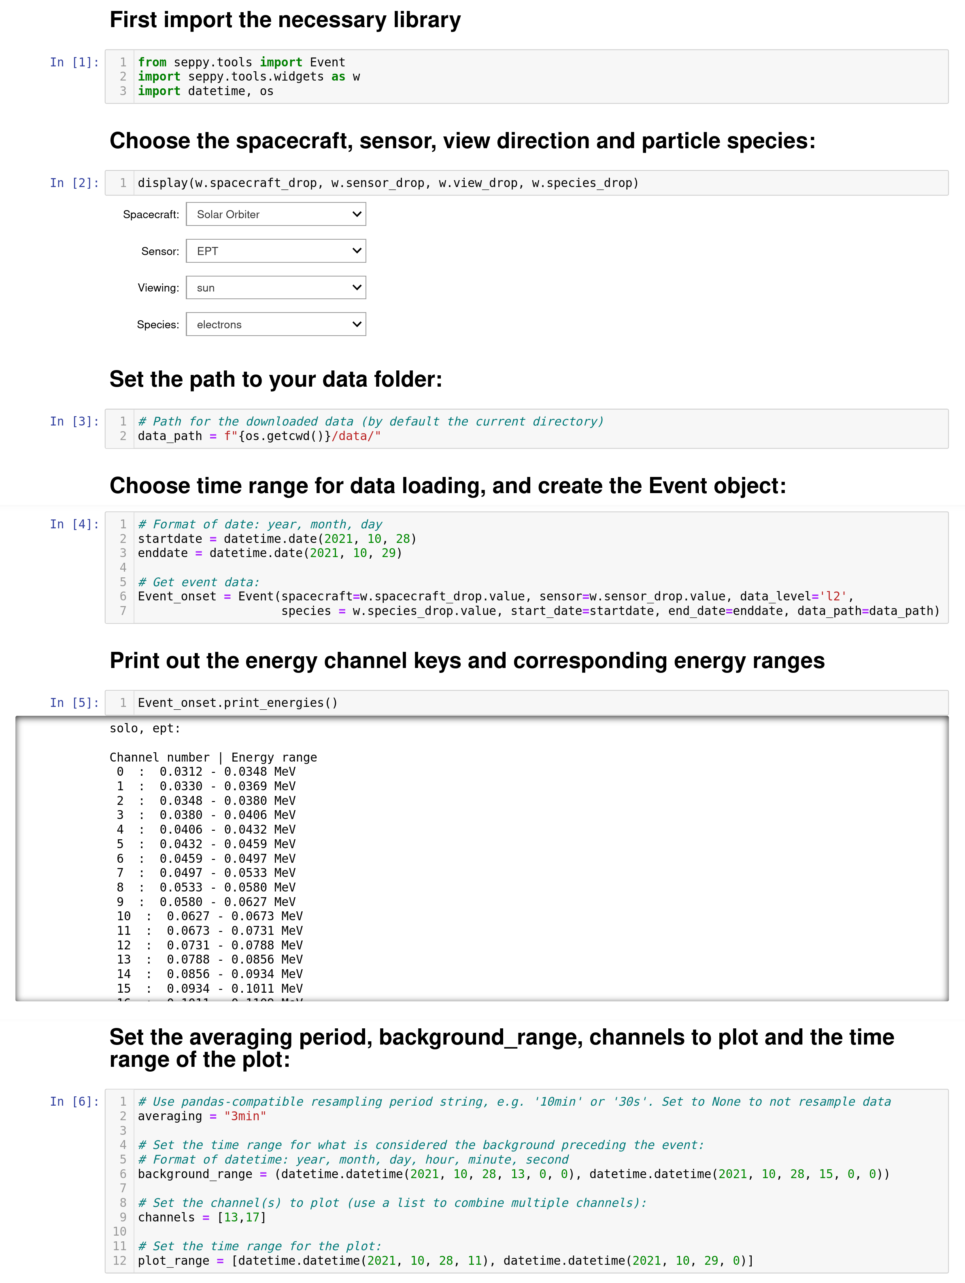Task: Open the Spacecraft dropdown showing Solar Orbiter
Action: click(x=276, y=214)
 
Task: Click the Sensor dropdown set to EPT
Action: click(x=276, y=251)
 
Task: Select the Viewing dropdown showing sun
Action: click(x=276, y=288)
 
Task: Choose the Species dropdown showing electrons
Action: click(x=276, y=324)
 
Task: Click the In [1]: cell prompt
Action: click(x=74, y=62)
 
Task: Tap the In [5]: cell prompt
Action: click(x=74, y=702)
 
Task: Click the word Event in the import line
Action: click(x=327, y=62)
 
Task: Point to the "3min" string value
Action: click(x=245, y=1116)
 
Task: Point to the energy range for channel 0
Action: click(x=227, y=771)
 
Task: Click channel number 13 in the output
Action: click(x=123, y=960)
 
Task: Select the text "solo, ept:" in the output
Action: click(x=145, y=728)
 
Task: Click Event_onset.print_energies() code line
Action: click(x=237, y=702)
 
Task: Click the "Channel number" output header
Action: click(x=159, y=757)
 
